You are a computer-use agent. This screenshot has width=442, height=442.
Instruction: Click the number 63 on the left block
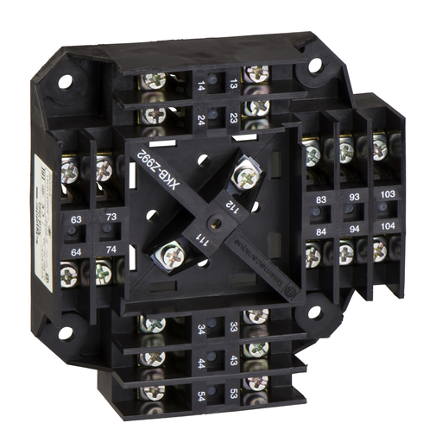[77, 220]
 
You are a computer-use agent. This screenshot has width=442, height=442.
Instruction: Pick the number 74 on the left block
[110, 249]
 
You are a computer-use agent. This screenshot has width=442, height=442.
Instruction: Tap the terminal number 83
[321, 199]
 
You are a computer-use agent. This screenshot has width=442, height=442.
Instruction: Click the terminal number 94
[355, 230]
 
